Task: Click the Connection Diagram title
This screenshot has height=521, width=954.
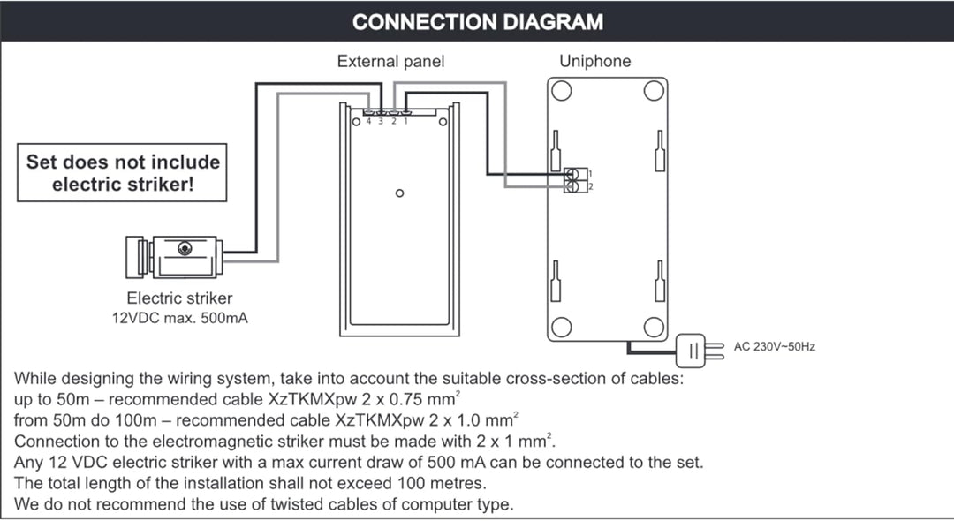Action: [478, 22]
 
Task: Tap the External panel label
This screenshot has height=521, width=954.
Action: [390, 62]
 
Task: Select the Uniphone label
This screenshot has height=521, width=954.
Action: [595, 62]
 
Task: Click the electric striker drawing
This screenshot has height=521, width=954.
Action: [174, 257]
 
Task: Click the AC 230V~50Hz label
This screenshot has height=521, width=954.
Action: [774, 346]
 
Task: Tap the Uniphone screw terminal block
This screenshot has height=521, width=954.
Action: [576, 180]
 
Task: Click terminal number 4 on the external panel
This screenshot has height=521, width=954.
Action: [368, 122]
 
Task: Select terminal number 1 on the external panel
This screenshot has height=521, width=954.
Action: [405, 122]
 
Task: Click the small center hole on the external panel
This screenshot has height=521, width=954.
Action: [400, 193]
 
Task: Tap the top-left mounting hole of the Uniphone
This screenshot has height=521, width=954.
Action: [562, 91]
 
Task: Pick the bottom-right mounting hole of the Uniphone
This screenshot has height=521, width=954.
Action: [654, 327]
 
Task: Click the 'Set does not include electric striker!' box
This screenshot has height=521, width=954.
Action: [122, 173]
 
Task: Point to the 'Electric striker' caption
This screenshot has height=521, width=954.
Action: [179, 298]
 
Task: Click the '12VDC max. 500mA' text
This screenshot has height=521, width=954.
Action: [180, 318]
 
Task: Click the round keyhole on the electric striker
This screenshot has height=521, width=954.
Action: [185, 248]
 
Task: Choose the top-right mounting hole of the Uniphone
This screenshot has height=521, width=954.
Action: [654, 91]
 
